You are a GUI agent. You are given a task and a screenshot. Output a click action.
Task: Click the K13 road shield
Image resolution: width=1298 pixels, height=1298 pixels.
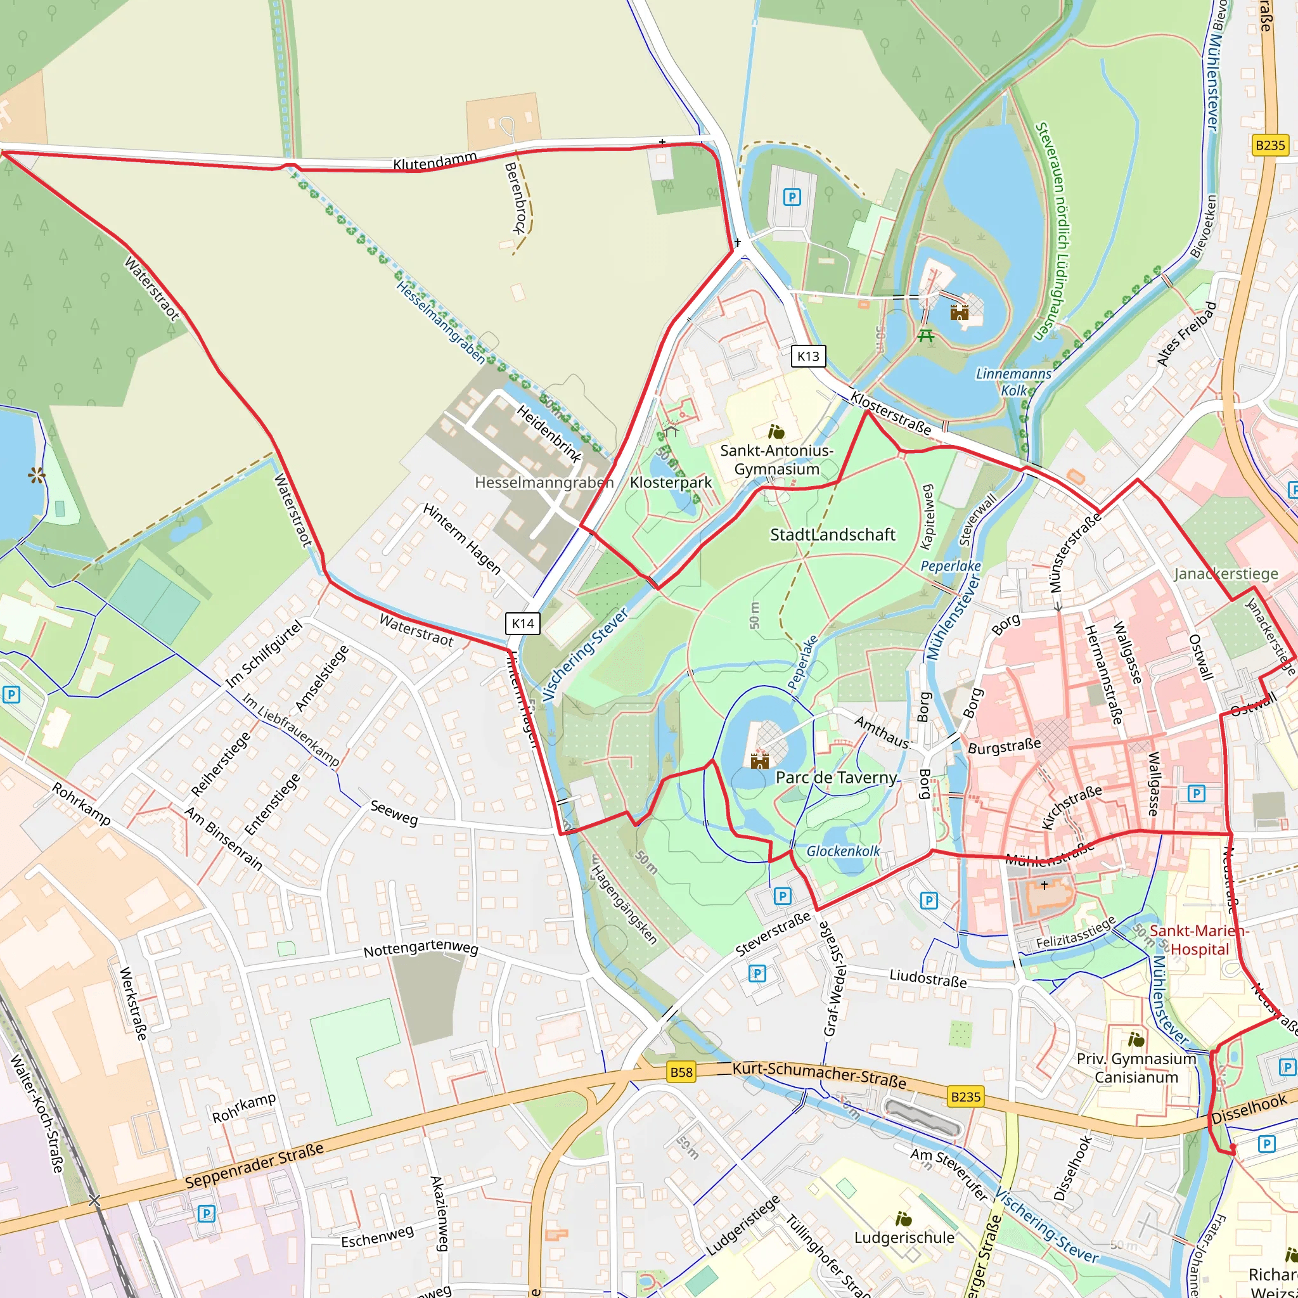pos(808,356)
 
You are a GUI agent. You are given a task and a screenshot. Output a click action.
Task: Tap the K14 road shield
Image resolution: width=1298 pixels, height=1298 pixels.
pos(523,624)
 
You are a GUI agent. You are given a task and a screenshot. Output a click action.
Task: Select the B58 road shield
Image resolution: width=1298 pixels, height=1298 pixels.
pos(681,1072)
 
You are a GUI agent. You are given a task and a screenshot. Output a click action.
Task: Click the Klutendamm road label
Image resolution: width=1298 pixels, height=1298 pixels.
pos(435,162)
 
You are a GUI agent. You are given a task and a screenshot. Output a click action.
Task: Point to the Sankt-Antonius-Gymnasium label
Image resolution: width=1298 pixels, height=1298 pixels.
pos(776,460)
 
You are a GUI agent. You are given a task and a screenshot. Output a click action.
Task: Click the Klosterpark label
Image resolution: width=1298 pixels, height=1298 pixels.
pos(671,482)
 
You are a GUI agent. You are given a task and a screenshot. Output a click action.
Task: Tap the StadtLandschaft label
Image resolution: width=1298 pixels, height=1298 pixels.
pos(832,535)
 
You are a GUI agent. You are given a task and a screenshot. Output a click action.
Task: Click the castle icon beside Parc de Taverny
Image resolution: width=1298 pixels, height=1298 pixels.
pos(759,761)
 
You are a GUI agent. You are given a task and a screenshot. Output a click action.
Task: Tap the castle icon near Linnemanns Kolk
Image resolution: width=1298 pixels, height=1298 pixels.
pos(960,312)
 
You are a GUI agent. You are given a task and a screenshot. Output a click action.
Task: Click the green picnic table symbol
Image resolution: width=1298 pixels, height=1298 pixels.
pos(926,335)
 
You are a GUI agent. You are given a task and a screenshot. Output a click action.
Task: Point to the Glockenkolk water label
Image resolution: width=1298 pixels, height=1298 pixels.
pos(843,851)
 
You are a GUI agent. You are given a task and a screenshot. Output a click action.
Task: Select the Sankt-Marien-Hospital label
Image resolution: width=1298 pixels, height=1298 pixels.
pos(1198,940)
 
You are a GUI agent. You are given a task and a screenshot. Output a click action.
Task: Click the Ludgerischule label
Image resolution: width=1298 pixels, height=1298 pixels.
pos(904,1238)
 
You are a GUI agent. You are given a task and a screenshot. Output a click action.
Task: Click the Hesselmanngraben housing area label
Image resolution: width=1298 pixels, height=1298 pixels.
pos(544,482)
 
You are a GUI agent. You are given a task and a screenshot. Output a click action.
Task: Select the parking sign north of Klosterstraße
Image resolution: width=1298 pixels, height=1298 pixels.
pos(792,197)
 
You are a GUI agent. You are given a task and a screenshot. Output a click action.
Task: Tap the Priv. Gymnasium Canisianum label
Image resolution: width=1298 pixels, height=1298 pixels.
pos(1136,1068)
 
